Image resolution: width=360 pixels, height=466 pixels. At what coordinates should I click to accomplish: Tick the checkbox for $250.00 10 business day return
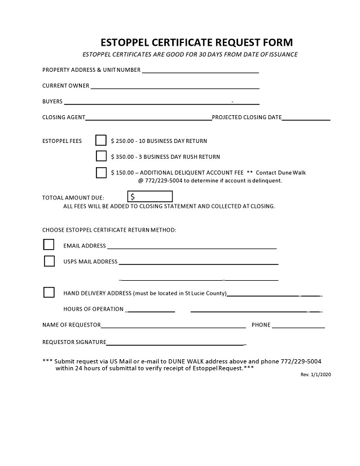click(101, 140)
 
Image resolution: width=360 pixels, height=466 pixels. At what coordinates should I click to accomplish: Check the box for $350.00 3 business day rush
click(101, 156)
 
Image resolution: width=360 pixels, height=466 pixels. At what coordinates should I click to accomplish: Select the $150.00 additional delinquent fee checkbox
click(101, 173)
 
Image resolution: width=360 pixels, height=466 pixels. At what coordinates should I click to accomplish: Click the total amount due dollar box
click(151, 197)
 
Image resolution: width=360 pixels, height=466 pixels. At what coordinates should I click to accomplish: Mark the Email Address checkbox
click(49, 245)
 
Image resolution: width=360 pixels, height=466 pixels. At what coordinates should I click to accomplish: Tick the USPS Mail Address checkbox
click(49, 261)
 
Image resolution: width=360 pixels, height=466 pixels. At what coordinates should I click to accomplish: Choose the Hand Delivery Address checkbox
click(49, 293)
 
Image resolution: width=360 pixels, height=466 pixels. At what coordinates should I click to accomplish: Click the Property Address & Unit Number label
click(91, 70)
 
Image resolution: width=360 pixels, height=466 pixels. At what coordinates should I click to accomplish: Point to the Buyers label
click(52, 102)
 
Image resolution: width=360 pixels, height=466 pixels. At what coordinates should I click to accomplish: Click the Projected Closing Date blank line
click(306, 119)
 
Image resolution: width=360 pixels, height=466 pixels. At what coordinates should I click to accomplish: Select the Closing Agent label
click(63, 117)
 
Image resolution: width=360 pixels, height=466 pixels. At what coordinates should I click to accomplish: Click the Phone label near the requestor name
click(261, 325)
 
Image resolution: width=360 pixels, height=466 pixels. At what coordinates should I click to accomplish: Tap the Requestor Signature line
click(175, 343)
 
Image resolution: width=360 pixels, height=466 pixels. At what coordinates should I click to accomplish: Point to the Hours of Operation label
click(93, 309)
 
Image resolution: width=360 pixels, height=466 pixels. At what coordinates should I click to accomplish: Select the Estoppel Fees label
click(62, 141)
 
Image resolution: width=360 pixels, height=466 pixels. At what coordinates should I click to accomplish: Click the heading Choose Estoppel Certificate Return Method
click(109, 230)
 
